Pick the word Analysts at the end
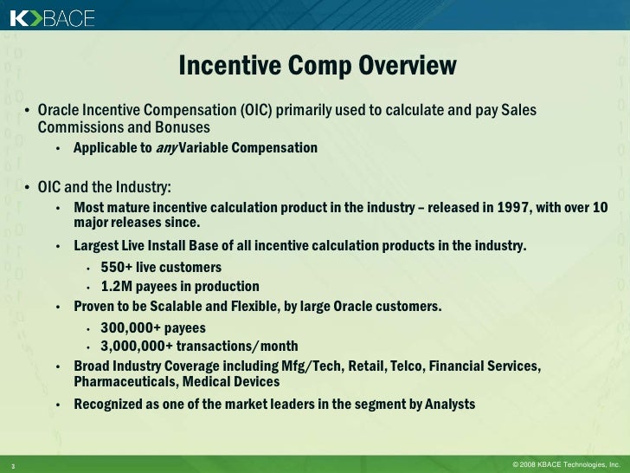[x=444, y=404]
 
